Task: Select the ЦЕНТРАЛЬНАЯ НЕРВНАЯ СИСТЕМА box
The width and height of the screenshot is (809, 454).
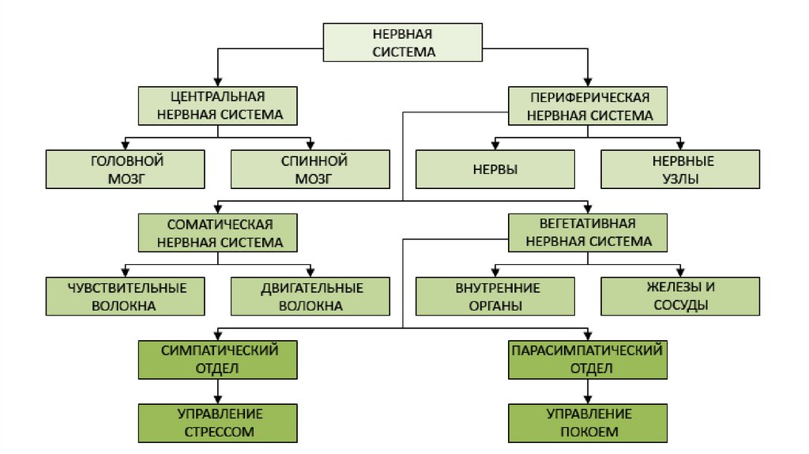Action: [218, 105]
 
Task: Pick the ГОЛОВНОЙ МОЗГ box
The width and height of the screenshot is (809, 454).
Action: [126, 169]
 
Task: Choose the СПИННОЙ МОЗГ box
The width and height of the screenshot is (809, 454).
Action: [310, 169]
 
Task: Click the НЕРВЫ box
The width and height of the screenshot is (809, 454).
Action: [495, 169]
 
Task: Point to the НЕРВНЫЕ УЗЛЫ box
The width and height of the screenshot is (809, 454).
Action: [680, 169]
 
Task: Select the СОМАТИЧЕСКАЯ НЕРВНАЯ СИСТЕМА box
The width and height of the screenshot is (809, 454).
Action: [218, 233]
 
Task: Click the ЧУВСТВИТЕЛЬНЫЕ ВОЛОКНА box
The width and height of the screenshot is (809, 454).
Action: [126, 297]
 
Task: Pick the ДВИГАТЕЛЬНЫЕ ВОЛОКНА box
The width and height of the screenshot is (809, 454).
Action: [310, 297]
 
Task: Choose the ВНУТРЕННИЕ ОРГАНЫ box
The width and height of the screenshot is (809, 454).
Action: [495, 297]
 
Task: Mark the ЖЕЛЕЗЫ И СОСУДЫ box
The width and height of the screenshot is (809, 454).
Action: [680, 297]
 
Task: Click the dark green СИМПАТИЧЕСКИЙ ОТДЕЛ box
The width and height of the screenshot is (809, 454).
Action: [218, 360]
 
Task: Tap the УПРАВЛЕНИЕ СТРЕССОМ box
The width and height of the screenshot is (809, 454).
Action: [218, 422]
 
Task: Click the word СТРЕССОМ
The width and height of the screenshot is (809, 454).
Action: [219, 432]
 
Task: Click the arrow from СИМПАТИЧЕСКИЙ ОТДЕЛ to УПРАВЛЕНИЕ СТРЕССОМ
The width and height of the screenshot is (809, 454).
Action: [219, 391]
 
